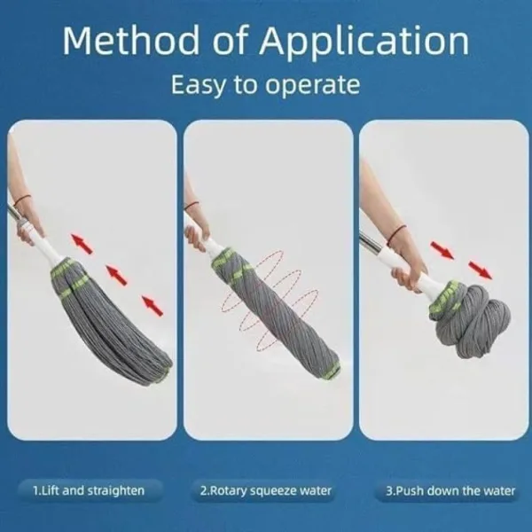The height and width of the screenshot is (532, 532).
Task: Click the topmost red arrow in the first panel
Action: [82, 242]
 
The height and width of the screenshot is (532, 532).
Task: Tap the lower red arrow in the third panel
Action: [480, 269]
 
